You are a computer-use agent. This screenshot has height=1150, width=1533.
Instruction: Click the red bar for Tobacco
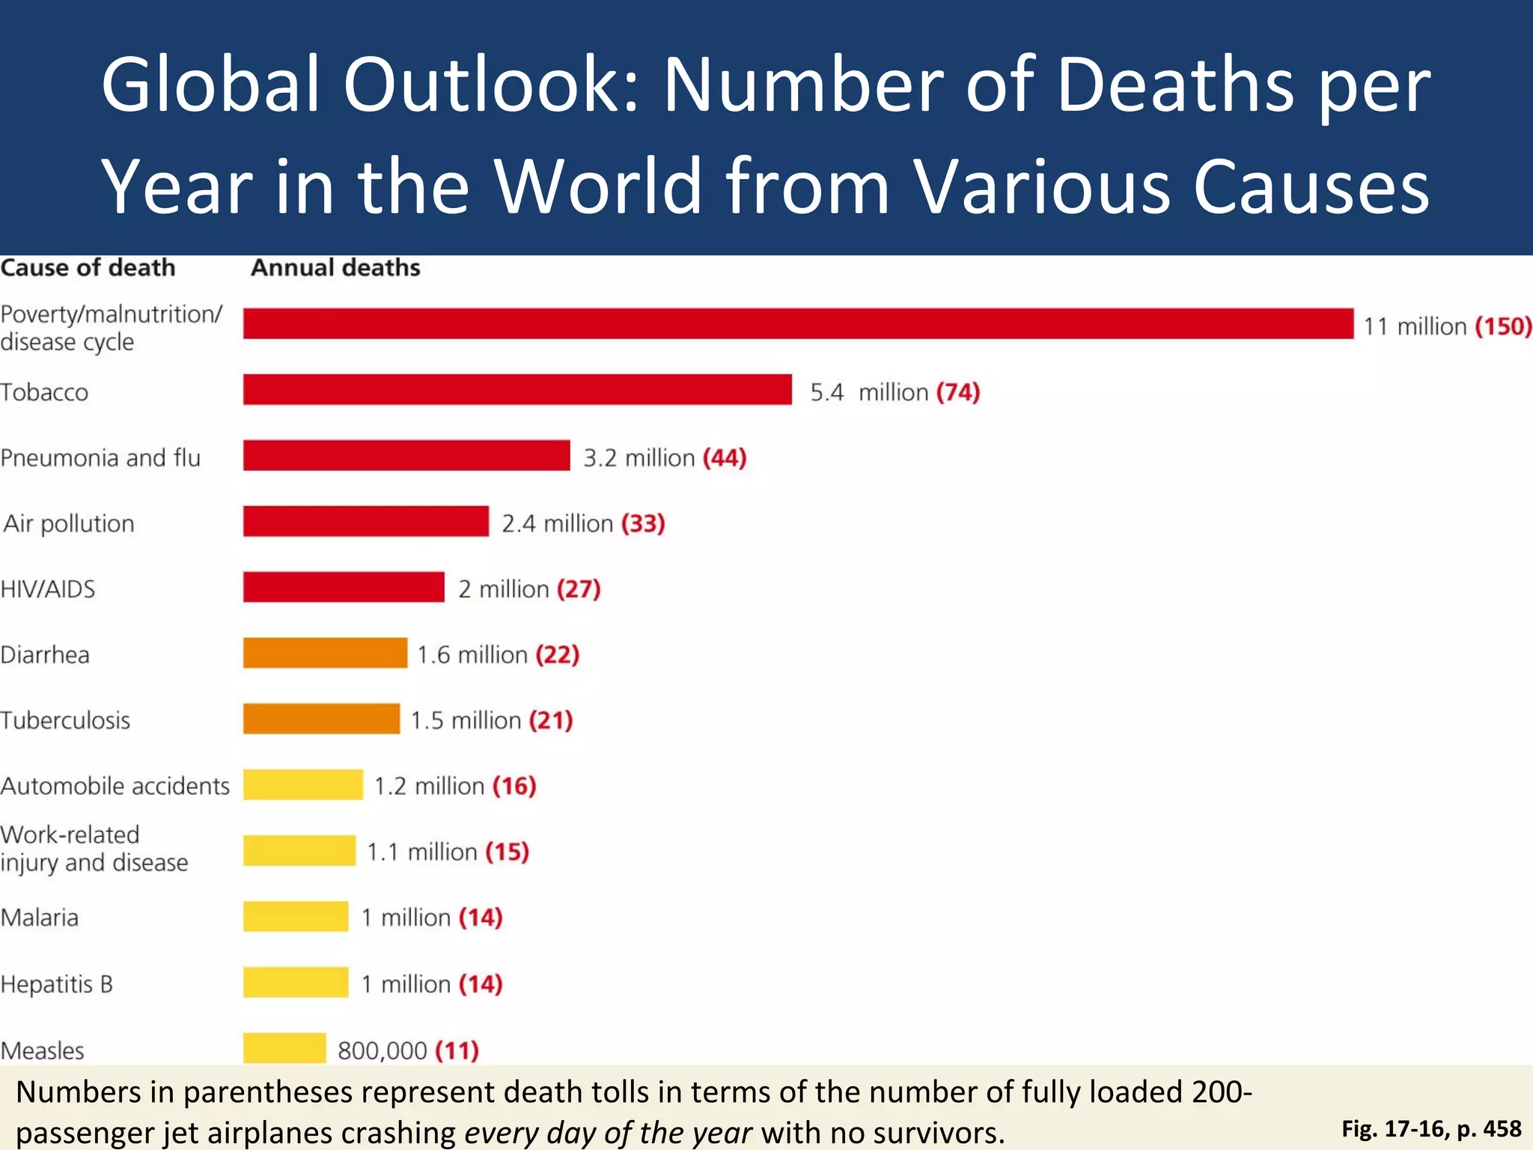[516, 389]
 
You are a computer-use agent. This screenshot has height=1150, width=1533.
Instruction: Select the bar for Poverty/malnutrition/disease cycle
[798, 323]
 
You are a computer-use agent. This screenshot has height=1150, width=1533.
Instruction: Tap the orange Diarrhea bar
[325, 653]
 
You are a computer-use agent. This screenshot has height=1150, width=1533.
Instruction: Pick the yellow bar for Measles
[284, 1047]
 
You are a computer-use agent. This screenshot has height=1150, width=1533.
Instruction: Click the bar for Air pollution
[365, 521]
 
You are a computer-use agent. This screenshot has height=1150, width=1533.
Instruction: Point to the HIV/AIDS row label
[48, 589]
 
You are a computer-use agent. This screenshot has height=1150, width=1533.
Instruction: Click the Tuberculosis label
[65, 720]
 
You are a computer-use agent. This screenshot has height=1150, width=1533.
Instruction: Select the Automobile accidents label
[115, 786]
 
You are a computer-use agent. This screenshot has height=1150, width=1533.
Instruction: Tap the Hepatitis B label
[56, 984]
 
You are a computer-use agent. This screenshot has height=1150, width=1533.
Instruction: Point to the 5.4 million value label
[869, 392]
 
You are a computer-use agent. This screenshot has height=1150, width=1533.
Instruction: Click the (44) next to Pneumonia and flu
[725, 457]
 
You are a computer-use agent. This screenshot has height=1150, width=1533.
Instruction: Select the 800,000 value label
[382, 1050]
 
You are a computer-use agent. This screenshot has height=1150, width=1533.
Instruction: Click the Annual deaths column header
[335, 267]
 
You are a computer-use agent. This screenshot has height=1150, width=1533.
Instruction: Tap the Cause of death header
[88, 267]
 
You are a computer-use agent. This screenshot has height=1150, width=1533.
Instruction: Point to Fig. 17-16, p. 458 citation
[1430, 1128]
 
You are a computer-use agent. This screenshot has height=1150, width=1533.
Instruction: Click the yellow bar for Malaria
[296, 916]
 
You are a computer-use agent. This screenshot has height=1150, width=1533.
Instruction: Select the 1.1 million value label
[421, 852]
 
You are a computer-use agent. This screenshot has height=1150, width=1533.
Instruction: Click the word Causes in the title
[1310, 186]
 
